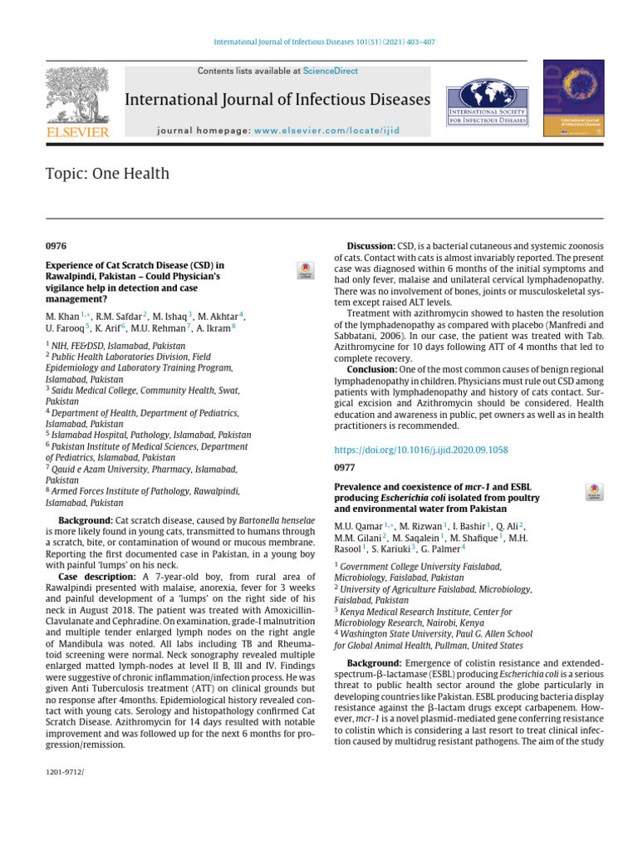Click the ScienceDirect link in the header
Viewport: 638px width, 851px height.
[x=330, y=71]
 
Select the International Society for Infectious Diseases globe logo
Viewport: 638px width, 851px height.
[x=487, y=102]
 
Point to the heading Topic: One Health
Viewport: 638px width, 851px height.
[x=107, y=174]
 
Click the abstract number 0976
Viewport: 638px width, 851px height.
[x=56, y=247]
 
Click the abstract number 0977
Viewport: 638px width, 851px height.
[x=345, y=467]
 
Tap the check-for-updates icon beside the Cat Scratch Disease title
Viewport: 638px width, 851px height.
[x=306, y=271]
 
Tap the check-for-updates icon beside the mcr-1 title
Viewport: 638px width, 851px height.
[x=594, y=491]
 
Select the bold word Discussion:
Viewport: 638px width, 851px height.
[x=371, y=247]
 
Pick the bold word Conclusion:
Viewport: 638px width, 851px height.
[x=371, y=368]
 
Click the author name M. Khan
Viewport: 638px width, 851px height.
[x=63, y=317]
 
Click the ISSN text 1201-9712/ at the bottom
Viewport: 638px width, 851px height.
[x=65, y=773]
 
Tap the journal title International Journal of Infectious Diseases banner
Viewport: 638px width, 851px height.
[x=277, y=101]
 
